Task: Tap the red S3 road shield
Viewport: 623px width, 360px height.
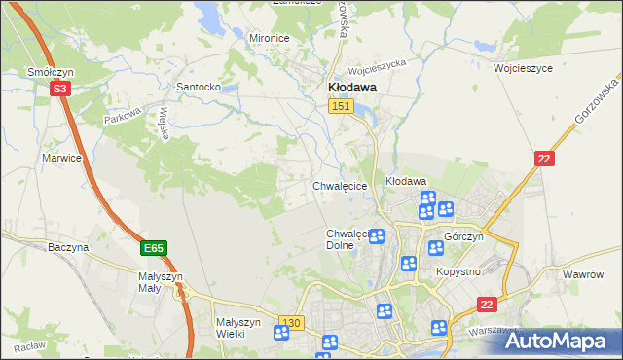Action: (59, 89)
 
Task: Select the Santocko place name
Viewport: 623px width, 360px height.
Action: (198, 86)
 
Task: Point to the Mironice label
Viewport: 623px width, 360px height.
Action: (270, 37)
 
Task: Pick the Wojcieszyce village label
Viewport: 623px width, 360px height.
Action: (523, 69)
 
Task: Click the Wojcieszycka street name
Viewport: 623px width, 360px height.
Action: (376, 66)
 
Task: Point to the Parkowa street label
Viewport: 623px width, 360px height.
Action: (124, 116)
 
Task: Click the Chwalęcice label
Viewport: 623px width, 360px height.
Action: (339, 185)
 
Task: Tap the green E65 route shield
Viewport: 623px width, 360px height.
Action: (153, 249)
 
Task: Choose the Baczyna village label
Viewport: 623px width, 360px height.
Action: (68, 247)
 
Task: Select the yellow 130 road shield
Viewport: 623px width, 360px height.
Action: (290, 322)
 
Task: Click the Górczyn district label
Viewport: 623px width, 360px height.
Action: (463, 237)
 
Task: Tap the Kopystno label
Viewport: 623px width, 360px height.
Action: (458, 271)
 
